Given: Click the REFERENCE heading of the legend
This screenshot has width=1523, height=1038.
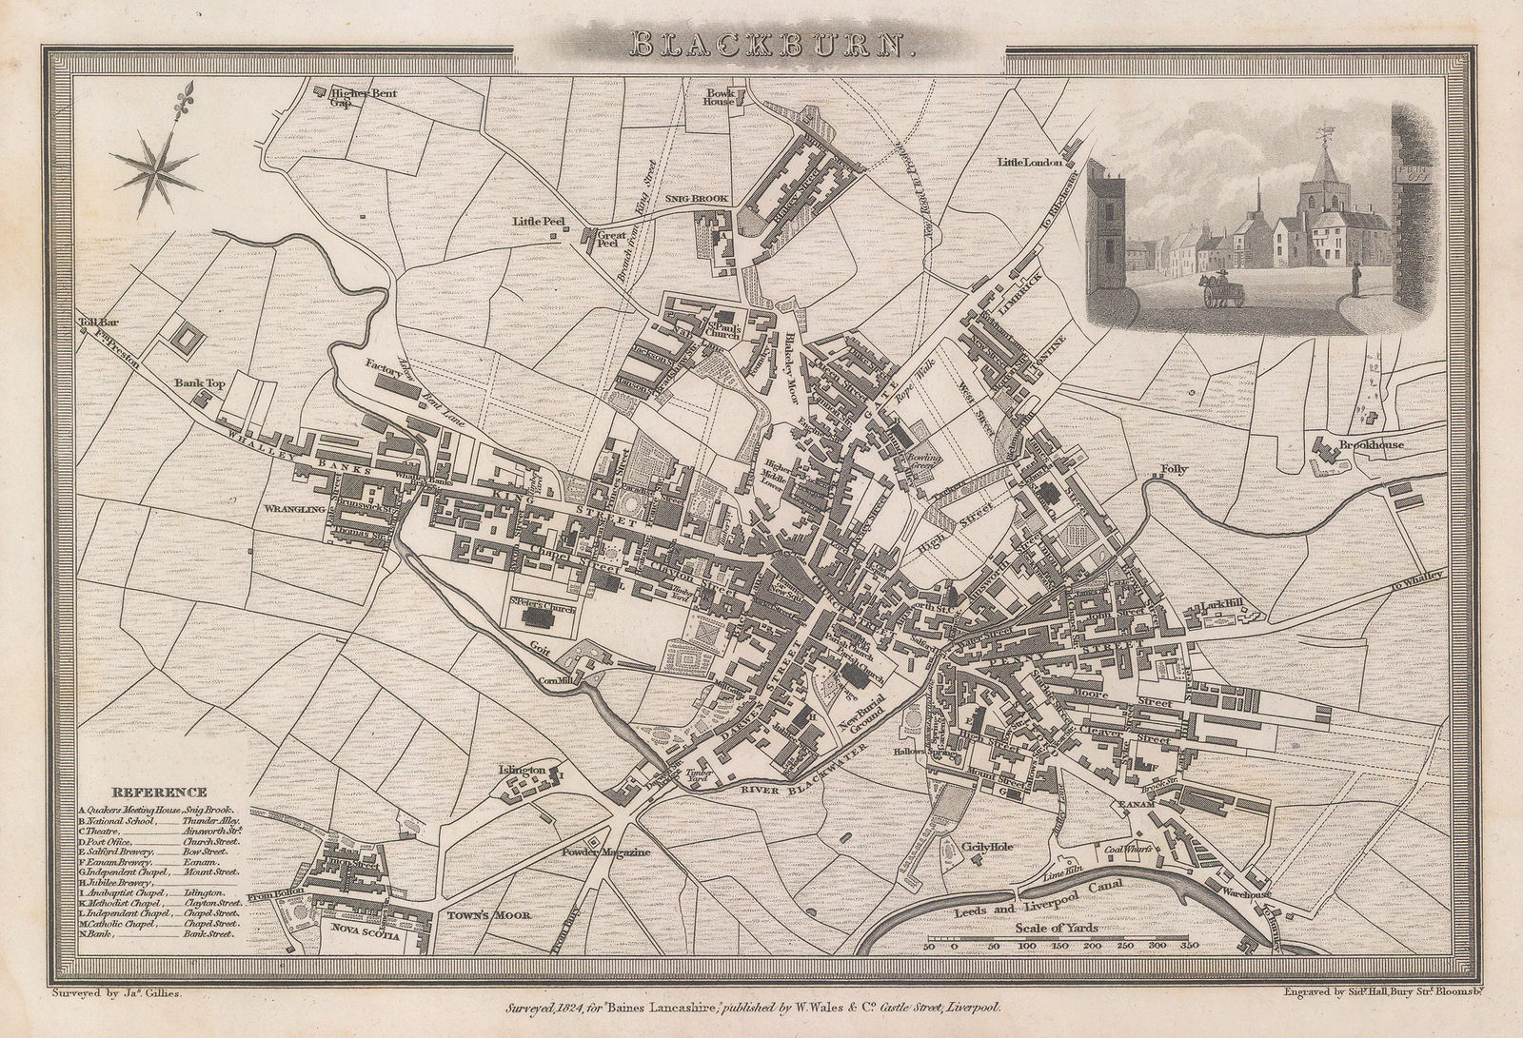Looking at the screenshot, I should [159, 792].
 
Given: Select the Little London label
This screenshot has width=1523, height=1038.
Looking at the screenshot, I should [1029, 163].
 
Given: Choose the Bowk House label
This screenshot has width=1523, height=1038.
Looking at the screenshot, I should [720, 97].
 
